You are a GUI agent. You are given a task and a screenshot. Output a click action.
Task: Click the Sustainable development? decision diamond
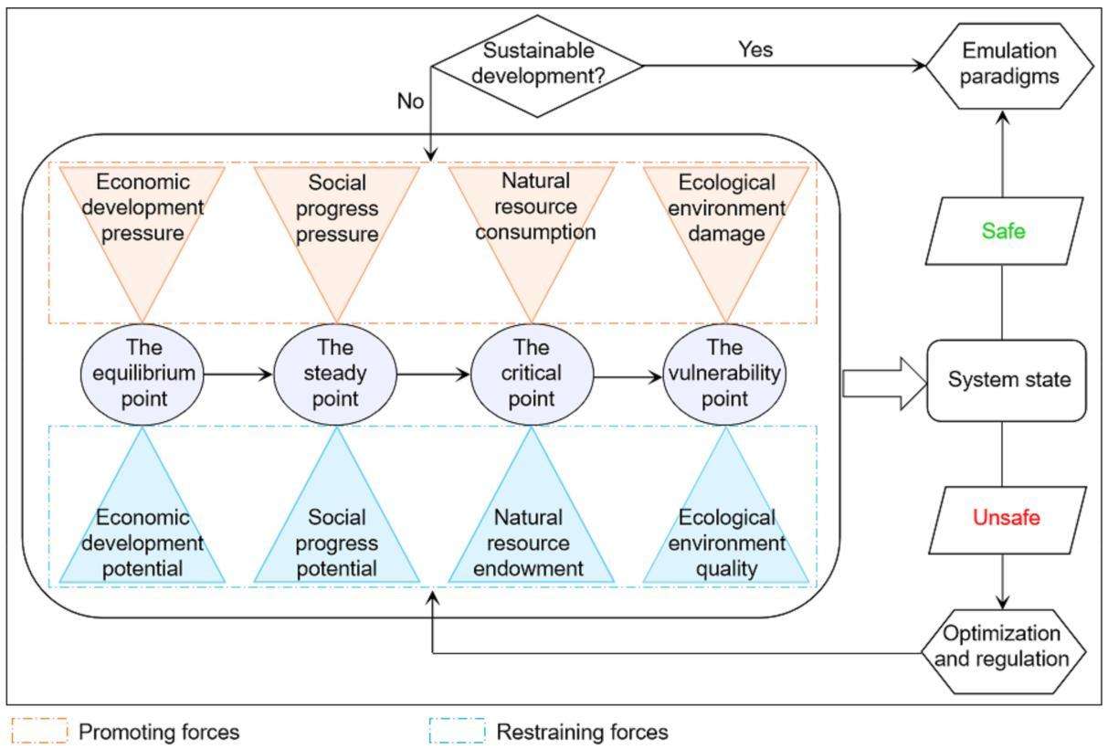tap(536, 66)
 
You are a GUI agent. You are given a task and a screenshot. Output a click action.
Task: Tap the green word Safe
tap(1004, 231)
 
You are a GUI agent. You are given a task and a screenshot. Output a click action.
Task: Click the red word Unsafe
tap(1006, 519)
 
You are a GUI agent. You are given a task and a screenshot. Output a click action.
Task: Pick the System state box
tap(1008, 380)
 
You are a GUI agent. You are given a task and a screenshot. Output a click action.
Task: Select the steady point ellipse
tap(335, 374)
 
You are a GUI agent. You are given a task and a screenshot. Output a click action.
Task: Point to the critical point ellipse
tap(532, 374)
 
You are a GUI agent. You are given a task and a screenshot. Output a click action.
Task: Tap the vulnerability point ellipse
tap(724, 374)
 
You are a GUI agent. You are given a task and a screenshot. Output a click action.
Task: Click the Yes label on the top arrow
tap(755, 50)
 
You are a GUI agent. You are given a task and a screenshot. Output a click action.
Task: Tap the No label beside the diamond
tap(410, 101)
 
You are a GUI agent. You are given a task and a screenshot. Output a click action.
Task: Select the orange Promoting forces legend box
tap(39, 731)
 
